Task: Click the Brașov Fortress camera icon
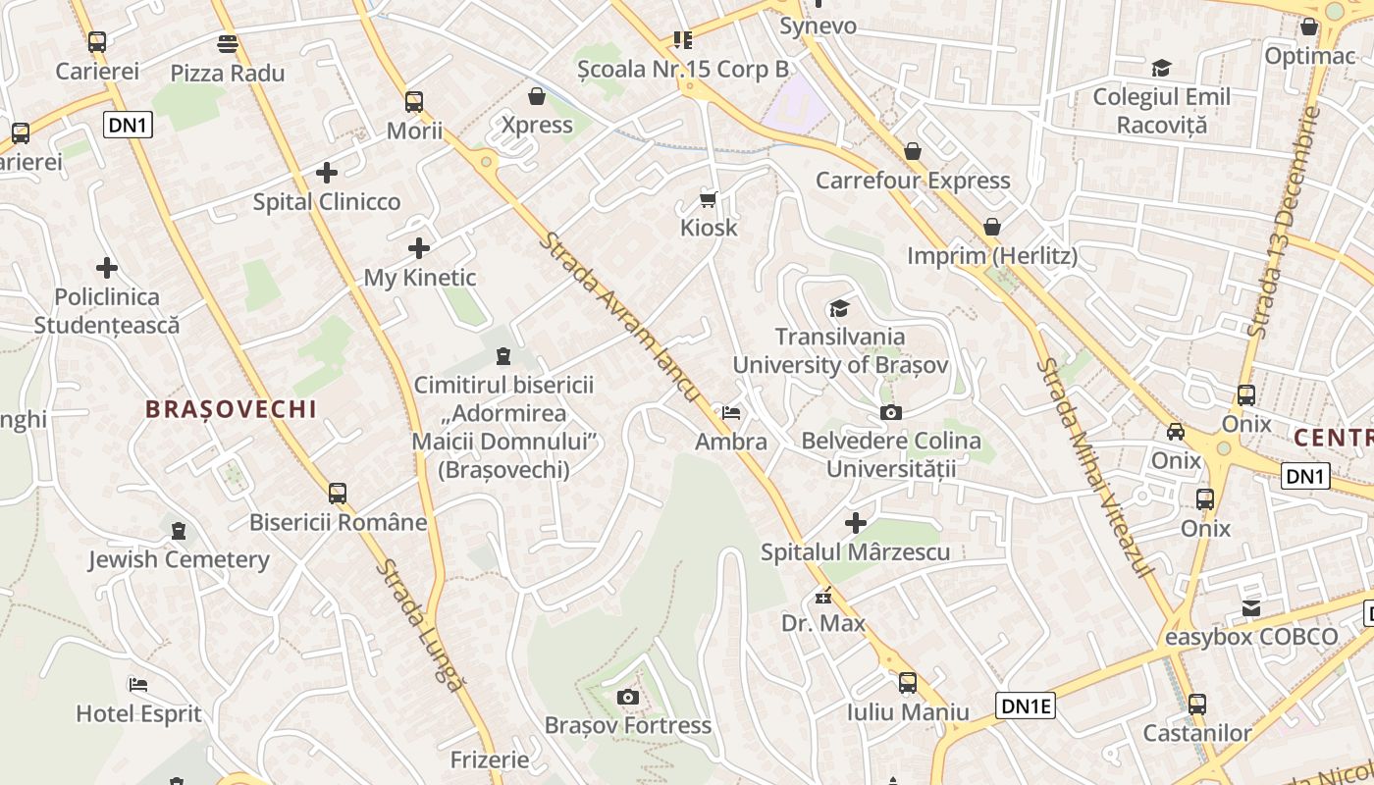[627, 698]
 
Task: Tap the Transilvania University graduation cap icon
[839, 310]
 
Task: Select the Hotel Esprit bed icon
[138, 685]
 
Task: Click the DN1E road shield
[1026, 706]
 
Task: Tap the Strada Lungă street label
[419, 624]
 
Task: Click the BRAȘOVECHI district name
[232, 409]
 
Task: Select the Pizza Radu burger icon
[228, 44]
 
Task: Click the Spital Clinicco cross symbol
[327, 174]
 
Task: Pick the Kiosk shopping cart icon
[709, 200]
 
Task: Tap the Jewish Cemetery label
[179, 560]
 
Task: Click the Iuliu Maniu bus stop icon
[908, 683]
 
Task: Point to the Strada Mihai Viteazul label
[1092, 467]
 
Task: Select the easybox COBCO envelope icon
[1250, 608]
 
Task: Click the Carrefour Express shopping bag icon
[913, 151]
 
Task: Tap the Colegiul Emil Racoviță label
[1161, 111]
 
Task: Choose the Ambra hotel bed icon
[731, 413]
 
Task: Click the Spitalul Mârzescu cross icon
[856, 523]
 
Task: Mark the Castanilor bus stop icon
[1196, 704]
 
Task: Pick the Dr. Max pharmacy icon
[822, 596]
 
